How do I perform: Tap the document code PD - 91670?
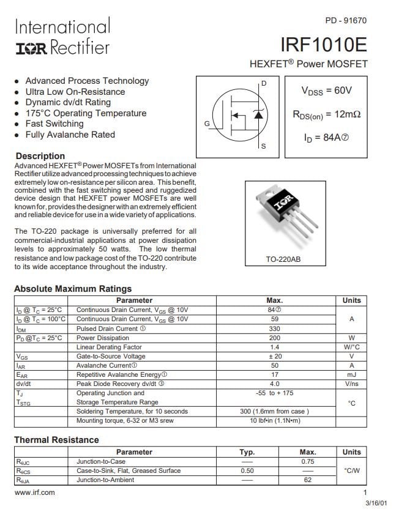[346, 20]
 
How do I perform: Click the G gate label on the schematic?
[207, 124]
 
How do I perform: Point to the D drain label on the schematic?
[264, 83]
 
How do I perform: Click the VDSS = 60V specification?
[326, 91]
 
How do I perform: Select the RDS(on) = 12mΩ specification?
[326, 114]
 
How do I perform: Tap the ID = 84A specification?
[326, 138]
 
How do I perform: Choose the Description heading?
[40, 156]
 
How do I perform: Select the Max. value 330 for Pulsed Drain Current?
[274, 329]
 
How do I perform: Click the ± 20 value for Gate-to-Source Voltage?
[274, 356]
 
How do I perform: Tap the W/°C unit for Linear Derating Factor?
[351, 347]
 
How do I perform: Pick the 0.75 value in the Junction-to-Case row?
[307, 462]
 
